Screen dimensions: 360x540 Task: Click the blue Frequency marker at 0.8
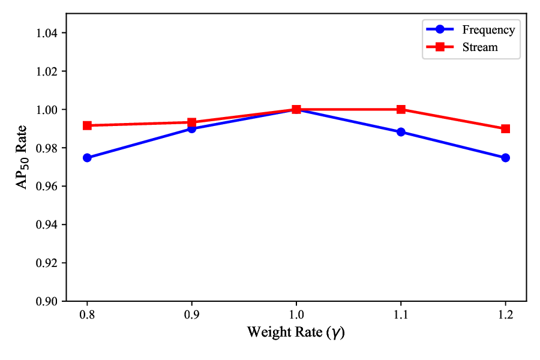(87, 158)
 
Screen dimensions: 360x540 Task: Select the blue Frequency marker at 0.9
(191, 129)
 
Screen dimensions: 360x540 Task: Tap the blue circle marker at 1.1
(401, 132)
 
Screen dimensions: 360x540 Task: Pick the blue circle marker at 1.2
(505, 158)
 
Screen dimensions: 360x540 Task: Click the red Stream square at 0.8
(87, 125)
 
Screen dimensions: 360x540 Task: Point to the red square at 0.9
(191, 122)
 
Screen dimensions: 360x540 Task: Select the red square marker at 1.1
(401, 109)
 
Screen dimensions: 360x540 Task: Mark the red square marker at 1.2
(505, 128)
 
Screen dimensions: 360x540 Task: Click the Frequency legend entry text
(488, 29)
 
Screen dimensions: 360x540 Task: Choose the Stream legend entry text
(479, 47)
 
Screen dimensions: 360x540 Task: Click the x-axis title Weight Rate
(296, 332)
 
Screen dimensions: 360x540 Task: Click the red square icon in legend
(439, 47)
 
